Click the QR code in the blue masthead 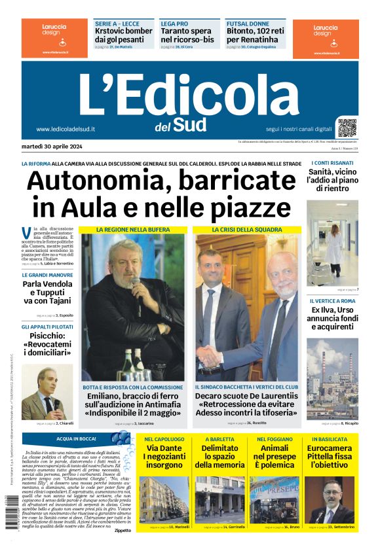[347, 127]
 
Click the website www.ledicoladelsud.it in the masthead [66, 129]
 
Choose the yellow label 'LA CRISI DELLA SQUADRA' [247, 230]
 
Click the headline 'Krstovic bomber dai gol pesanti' [123, 35]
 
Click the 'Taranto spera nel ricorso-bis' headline [187, 35]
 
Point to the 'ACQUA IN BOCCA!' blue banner [77, 438]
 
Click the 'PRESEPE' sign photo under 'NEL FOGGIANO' [273, 499]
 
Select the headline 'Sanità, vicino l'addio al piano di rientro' [332, 180]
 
